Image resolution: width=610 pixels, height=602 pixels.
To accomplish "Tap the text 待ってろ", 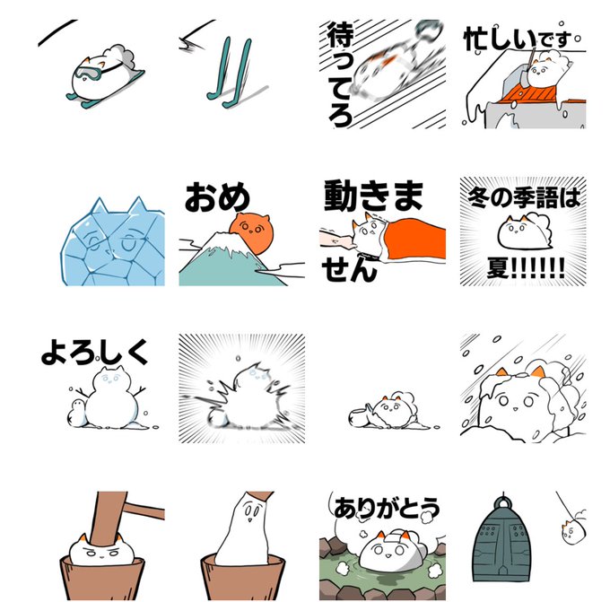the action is tap(339, 74).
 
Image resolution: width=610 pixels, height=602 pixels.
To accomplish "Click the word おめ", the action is tap(217, 196).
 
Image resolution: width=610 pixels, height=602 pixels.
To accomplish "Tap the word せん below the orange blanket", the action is tap(349, 269).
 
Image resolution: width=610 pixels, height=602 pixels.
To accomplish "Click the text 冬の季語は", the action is tap(524, 196).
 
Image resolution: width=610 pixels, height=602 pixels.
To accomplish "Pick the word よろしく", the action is tap(94, 352).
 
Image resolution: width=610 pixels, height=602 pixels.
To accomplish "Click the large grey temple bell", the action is tap(503, 538).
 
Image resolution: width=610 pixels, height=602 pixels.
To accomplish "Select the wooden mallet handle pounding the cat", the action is tap(108, 519).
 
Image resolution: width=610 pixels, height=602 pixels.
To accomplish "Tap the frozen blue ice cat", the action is tap(112, 243).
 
